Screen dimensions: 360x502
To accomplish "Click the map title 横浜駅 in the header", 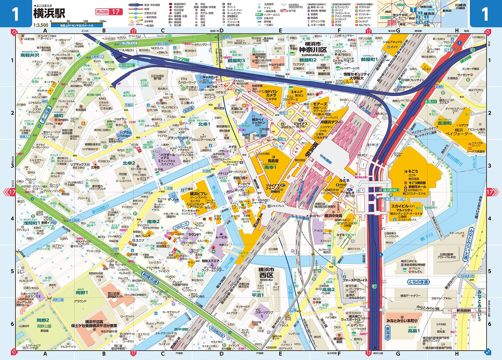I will point(49,13).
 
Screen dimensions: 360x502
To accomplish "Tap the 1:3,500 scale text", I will point(41,25).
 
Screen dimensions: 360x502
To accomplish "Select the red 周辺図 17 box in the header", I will point(109,12).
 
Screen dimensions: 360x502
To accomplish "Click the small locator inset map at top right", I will point(423,14).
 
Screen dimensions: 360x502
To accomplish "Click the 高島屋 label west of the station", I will point(273,161).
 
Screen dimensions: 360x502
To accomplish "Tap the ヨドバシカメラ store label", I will point(271,93).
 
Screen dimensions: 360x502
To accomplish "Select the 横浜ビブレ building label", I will point(198,194).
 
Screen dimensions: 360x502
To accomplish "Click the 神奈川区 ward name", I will point(313,50).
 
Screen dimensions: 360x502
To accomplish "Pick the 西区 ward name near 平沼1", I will point(266,275).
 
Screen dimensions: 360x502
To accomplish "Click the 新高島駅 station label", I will point(464,310).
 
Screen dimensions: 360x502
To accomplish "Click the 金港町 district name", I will point(444,123).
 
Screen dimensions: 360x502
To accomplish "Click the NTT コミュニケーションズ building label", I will point(203,138).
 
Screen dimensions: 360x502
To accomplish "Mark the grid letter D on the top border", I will point(221,31).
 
